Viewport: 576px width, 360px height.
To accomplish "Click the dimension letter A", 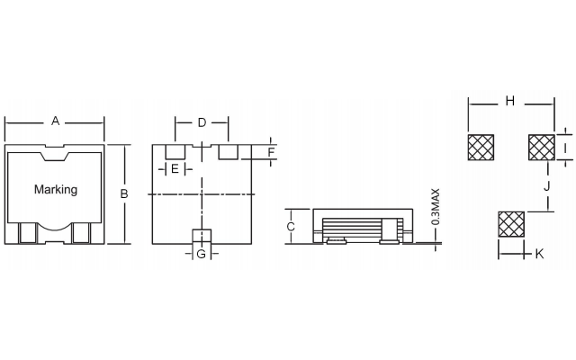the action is click(x=55, y=121).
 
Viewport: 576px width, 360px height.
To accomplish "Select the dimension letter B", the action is click(x=124, y=193).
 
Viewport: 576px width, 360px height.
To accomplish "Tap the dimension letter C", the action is click(x=291, y=227).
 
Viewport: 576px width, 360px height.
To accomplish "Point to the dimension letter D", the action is click(x=202, y=122).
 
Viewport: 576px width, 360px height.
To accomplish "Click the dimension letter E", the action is click(x=175, y=169).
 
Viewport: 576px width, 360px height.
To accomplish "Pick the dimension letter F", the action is click(x=271, y=152).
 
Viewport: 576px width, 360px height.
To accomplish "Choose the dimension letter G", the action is click(x=202, y=254).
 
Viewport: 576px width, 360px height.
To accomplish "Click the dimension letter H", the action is click(x=510, y=101).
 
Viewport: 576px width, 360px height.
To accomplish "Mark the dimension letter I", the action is click(x=565, y=148).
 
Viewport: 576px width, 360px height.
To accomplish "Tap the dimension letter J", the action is click(x=547, y=186).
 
